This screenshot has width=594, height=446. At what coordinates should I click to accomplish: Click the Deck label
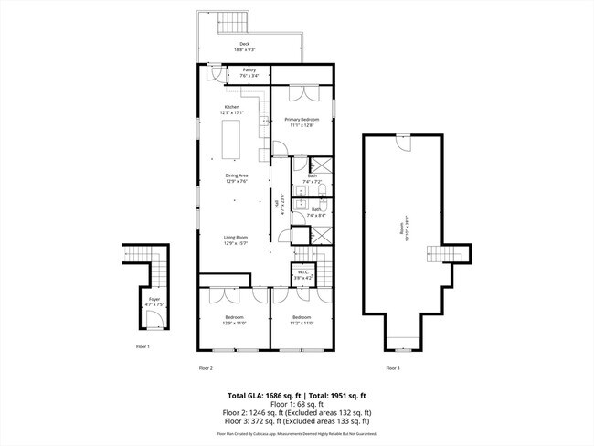coord(244,46)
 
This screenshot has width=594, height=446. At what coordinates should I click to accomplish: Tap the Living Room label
coord(236,240)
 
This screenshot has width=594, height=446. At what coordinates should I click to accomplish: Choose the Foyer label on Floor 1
coord(154,300)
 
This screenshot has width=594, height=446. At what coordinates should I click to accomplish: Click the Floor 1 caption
coord(142,346)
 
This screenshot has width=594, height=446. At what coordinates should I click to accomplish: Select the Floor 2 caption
coord(206,367)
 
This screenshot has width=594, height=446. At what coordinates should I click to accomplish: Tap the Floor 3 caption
coord(392,367)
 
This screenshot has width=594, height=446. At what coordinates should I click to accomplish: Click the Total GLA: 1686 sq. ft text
coord(261,396)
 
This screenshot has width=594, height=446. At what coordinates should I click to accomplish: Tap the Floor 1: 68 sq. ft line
coord(297,404)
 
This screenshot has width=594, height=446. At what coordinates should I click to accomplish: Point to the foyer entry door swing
coord(154,318)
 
